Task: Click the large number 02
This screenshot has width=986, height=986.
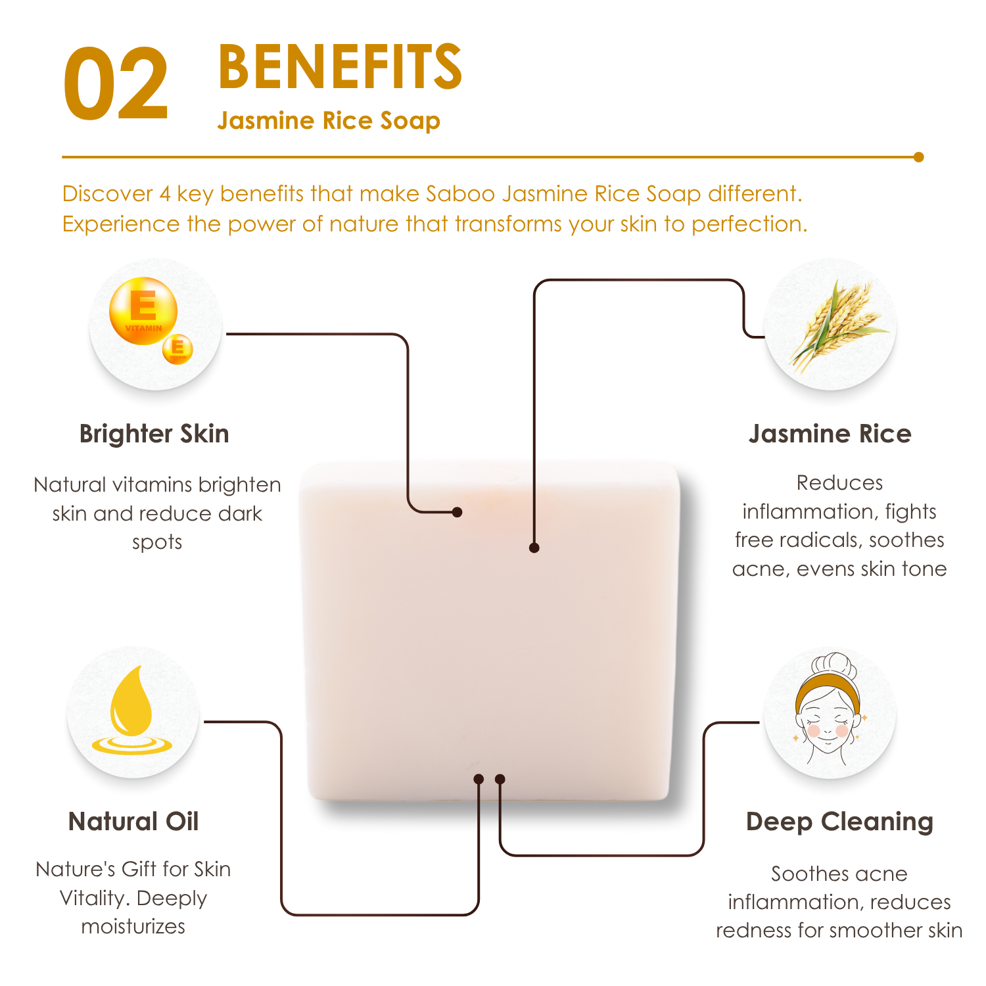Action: coord(116,84)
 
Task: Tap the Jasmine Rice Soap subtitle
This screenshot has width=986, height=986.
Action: coord(329,121)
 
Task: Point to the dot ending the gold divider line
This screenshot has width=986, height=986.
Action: coord(918,157)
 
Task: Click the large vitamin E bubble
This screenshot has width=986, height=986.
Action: coord(143,311)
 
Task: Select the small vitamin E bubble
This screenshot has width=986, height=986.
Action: coord(177,348)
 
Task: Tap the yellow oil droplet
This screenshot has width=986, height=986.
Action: coord(131,710)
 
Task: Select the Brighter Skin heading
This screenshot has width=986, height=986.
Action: coord(154,434)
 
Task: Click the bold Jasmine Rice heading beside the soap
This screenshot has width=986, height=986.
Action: coord(830,434)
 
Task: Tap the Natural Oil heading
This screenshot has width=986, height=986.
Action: coord(133,822)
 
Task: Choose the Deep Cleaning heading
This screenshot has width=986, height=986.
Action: coord(840,822)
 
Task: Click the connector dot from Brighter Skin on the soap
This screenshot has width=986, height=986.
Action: coord(458,512)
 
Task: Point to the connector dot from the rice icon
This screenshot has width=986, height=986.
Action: coord(534,548)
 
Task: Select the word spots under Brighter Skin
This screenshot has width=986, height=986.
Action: coord(157,543)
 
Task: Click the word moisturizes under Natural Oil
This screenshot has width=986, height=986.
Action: coord(133,927)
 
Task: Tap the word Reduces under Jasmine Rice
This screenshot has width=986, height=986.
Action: coord(840,483)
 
